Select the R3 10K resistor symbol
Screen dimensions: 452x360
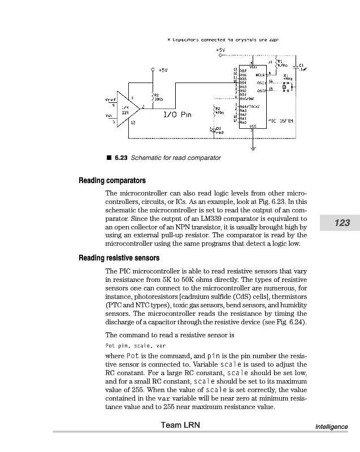[153, 96]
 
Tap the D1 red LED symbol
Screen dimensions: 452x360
[212, 129]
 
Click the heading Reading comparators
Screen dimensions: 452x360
[112, 181]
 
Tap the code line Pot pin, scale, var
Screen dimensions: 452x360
[135, 345]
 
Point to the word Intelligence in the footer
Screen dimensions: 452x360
[331, 427]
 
